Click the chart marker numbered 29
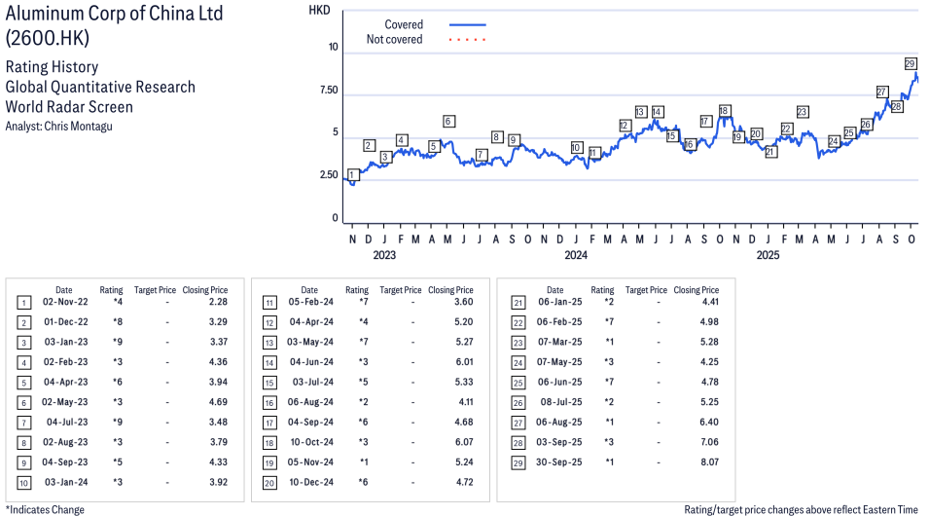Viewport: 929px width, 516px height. coord(911,64)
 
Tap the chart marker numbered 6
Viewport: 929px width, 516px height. coord(448,122)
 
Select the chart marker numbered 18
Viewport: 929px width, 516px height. coord(724,111)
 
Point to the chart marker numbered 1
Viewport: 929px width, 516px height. coord(351,175)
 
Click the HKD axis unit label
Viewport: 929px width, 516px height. coord(319,10)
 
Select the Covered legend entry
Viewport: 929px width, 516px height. coord(404,24)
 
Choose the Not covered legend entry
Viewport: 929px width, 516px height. coord(394,40)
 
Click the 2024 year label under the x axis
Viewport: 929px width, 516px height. coord(576,255)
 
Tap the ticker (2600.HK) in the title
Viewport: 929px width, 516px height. coord(46,38)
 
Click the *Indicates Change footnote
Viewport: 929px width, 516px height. coord(45,509)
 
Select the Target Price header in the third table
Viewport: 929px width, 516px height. coord(646,290)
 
